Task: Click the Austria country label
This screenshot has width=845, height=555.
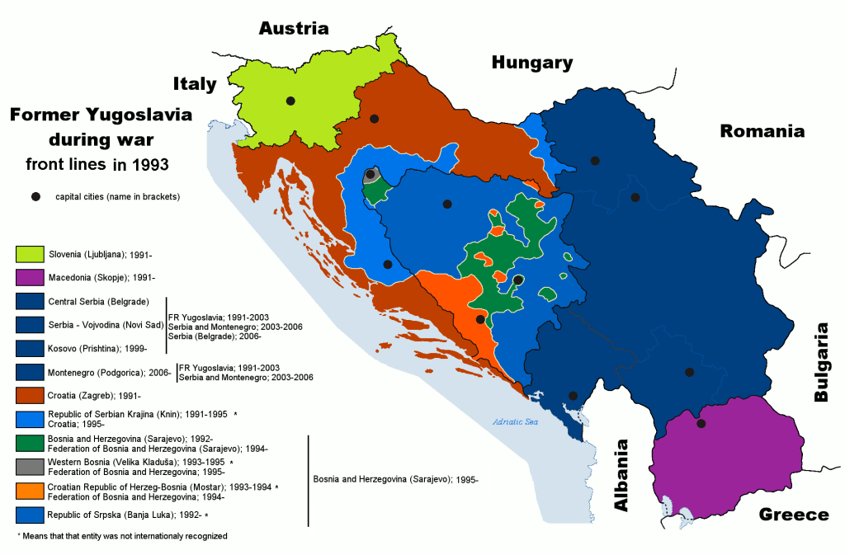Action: pos(294,29)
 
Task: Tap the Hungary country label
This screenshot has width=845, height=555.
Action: pos(531,63)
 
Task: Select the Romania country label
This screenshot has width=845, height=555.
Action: pos(762,131)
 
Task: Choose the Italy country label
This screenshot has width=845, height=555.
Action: pos(195,83)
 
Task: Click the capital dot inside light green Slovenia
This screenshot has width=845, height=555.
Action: pos(290,101)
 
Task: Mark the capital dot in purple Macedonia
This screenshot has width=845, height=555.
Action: pos(701,424)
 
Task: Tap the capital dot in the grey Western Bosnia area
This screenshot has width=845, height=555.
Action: pos(370,174)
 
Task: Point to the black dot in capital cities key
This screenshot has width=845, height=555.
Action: pos(35,197)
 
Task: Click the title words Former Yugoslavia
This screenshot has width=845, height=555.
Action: pos(101,115)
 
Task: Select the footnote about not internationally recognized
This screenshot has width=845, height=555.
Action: pos(121,536)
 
